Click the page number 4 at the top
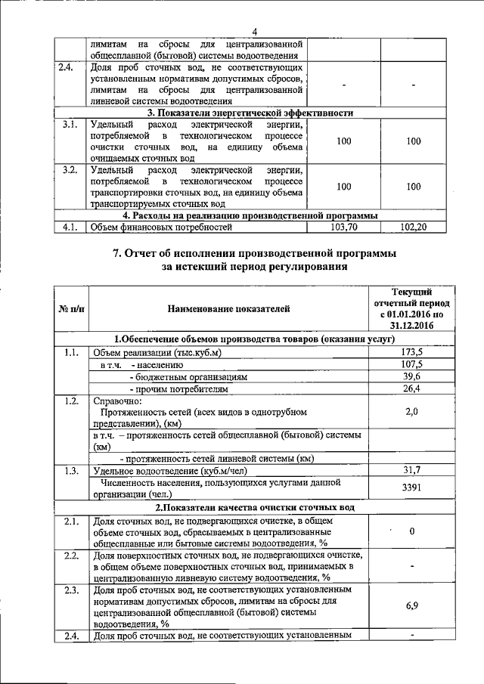tap(255, 31)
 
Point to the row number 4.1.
tap(70, 225)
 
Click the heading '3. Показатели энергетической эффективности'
tap(250, 113)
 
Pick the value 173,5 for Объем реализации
tap(412, 352)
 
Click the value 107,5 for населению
tap(412, 364)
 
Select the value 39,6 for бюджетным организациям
tap(412, 376)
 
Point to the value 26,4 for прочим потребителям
tap(412, 388)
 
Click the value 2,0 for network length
tap(412, 412)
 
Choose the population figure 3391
tap(412, 488)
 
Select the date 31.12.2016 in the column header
tap(412, 325)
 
